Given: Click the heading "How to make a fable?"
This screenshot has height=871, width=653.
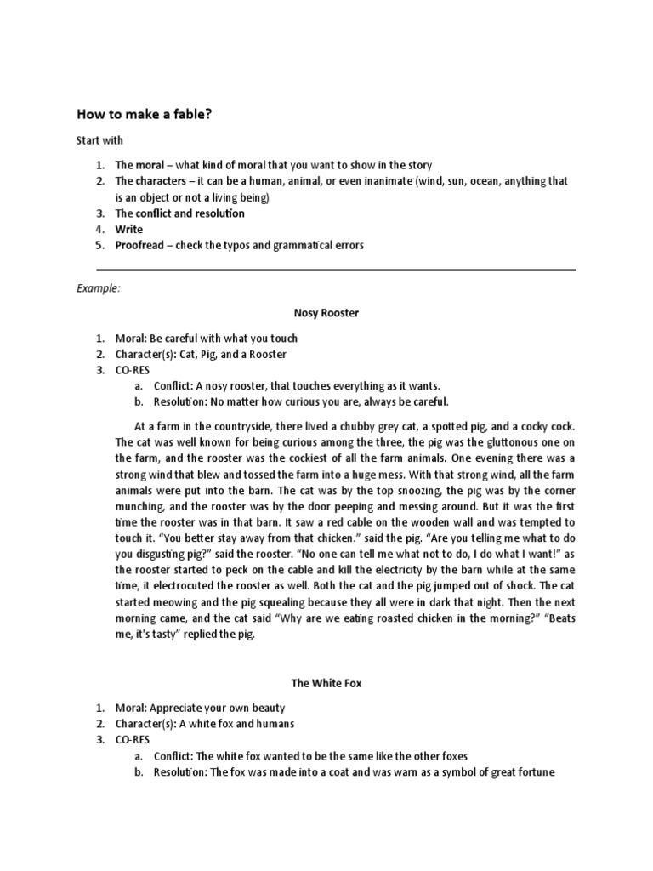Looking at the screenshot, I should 144,113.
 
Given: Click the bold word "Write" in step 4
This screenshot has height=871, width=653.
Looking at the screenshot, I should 129,229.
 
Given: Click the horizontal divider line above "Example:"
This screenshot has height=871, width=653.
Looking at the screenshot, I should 326,270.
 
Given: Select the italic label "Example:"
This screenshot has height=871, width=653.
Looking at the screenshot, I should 99,288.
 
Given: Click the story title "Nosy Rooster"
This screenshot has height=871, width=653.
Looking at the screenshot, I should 326,313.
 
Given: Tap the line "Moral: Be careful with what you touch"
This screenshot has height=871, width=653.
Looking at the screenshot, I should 206,339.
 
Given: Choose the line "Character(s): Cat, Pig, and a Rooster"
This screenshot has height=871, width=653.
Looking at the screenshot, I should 201,354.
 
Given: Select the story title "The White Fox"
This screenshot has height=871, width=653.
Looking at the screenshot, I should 326,683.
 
